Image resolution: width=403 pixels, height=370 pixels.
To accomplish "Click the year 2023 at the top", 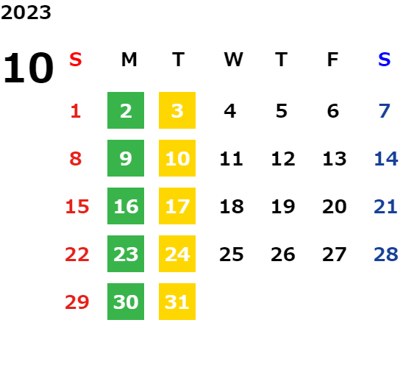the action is (x=26, y=13).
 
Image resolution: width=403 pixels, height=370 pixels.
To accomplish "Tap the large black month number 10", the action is (x=28, y=68).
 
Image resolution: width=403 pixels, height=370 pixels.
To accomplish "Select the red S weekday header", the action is (x=76, y=60).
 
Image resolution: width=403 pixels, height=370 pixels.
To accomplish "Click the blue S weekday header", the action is (x=384, y=60).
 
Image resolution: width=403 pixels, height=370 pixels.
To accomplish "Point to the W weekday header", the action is (x=233, y=60).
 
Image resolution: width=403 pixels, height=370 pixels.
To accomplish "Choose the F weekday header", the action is (x=333, y=60).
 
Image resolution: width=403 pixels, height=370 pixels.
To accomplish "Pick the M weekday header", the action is (x=129, y=60).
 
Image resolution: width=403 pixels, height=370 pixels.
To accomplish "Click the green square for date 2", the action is (x=126, y=110).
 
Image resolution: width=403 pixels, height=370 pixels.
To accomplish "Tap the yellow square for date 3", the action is (x=177, y=110).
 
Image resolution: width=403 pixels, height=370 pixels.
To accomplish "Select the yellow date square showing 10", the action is (x=177, y=158).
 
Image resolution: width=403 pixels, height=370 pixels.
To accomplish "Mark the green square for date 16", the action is (x=126, y=206).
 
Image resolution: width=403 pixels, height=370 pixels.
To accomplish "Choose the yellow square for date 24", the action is (x=177, y=254).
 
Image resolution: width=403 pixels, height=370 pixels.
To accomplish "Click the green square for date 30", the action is (x=126, y=302).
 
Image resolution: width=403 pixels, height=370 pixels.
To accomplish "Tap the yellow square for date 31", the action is (x=177, y=302).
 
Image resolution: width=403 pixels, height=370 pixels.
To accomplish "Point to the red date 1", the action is (x=76, y=111).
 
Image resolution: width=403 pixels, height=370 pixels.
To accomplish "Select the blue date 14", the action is (x=386, y=159).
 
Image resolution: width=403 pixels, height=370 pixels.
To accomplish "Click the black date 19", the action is (x=283, y=207).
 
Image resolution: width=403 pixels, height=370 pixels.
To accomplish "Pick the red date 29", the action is (x=77, y=302).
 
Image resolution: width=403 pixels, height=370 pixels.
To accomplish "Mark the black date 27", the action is (x=335, y=255).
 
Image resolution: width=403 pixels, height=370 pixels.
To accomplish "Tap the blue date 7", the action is (x=385, y=111).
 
